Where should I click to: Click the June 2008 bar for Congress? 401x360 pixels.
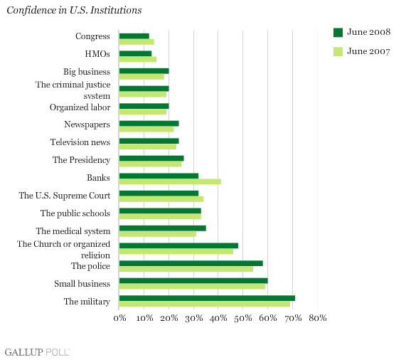[134, 36]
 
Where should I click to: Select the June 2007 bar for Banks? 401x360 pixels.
[170, 181]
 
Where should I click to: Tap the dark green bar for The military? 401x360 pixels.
[207, 298]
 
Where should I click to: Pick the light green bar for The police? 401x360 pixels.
[186, 269]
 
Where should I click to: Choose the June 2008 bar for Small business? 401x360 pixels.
[193, 281]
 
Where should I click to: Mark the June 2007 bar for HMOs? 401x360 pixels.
[138, 59]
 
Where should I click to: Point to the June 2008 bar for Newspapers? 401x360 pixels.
[149, 124]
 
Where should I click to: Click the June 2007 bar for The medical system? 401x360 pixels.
[158, 234]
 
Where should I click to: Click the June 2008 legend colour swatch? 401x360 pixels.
[338, 33]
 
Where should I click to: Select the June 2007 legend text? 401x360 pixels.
[368, 51]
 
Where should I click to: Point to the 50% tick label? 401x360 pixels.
[243, 318]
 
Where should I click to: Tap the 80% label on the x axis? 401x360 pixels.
[318, 318]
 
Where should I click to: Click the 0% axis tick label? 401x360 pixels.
[119, 318]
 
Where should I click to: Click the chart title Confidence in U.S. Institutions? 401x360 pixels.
[74, 10]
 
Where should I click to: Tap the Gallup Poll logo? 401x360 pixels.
[37, 352]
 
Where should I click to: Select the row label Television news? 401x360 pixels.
[80, 142]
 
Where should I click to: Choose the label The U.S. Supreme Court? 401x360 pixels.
[65, 196]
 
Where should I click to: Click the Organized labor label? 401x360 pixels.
[80, 107]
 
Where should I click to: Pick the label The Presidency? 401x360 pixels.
[82, 160]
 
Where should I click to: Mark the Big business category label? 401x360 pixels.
[87, 72]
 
